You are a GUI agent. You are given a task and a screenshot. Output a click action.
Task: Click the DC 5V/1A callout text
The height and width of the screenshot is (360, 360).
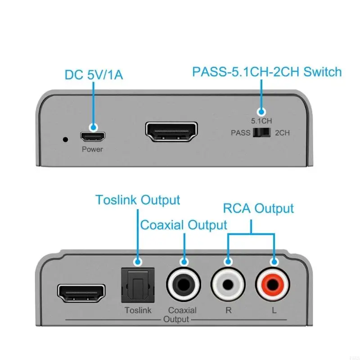94,74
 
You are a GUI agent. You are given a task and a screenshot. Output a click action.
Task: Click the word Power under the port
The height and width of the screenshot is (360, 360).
92,149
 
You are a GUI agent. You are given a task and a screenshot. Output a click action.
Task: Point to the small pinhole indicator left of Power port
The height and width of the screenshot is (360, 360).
66,139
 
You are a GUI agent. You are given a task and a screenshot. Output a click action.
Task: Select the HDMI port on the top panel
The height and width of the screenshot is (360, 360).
172,131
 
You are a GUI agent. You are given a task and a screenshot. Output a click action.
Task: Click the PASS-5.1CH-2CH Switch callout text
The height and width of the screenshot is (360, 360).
267,72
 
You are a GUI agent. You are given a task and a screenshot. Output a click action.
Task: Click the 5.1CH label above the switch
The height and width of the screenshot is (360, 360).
261,121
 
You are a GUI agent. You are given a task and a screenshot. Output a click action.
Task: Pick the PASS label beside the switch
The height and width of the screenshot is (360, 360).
240,133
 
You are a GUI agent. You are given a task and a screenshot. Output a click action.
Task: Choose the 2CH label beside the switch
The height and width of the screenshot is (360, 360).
282,133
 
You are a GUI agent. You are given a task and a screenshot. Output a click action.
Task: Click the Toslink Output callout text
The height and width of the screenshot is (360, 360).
137,200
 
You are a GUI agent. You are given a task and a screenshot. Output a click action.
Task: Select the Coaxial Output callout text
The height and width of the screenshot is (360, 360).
184,225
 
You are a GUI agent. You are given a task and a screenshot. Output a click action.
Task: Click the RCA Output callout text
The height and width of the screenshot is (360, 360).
258,208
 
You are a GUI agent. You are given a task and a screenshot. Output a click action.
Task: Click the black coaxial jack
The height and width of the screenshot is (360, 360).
183,285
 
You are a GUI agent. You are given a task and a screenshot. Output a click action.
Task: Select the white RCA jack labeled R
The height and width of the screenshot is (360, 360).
228,285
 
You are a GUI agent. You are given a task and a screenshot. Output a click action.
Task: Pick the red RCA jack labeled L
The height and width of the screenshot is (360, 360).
273,285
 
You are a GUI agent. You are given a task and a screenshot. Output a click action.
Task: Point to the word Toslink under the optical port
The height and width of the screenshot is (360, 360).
138,310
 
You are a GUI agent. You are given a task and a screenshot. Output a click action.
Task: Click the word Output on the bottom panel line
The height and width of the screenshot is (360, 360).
176,319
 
